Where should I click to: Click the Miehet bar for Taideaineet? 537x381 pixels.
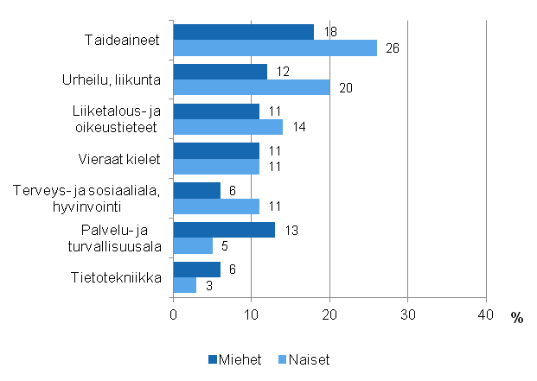[x=244, y=32]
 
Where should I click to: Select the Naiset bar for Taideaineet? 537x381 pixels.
[x=275, y=48]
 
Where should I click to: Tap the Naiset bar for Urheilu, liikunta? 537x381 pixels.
[x=252, y=87]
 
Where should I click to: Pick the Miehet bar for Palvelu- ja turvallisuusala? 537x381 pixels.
[x=225, y=230]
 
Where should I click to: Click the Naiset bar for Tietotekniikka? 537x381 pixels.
[x=185, y=285]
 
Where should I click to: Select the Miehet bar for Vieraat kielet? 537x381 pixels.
[x=217, y=150]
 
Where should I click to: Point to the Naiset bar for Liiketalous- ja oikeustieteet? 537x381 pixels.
[x=228, y=127]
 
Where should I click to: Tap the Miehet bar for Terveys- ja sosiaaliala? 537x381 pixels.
[x=197, y=190]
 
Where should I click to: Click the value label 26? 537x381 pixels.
[x=392, y=48]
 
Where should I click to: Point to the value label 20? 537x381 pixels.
[x=345, y=87]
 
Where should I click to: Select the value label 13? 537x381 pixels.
[x=291, y=230]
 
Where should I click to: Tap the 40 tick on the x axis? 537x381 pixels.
[x=486, y=314]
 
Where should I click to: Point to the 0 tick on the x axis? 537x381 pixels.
[x=174, y=314]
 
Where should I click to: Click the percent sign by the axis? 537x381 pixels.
[x=516, y=318]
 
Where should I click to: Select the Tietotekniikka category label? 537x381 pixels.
[x=115, y=277]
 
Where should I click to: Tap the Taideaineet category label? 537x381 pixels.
[x=122, y=40]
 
